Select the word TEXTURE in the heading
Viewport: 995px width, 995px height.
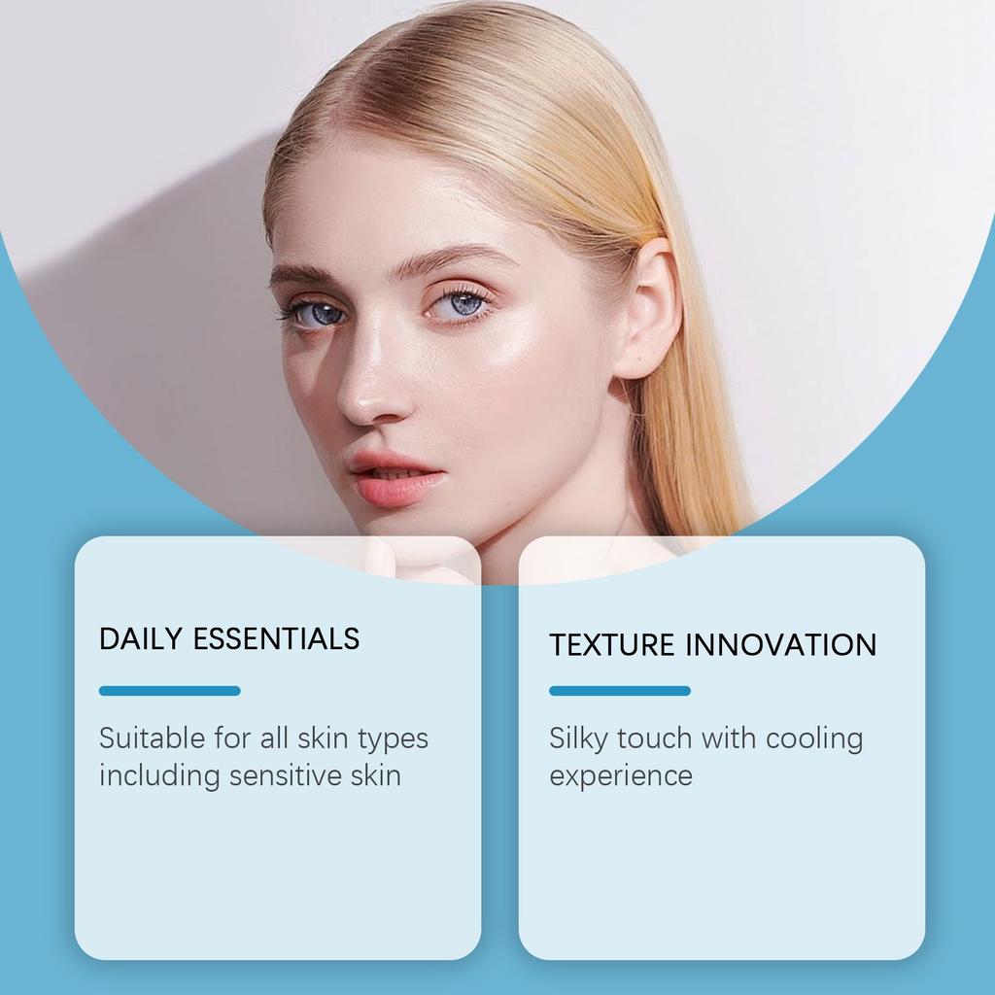612,645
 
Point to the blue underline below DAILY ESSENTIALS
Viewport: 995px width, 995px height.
169,691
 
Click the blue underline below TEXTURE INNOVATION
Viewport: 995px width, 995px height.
619,691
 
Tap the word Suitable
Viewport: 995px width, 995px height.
152,738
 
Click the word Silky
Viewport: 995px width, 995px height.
578,739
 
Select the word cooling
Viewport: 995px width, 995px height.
813,739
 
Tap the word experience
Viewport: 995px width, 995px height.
620,776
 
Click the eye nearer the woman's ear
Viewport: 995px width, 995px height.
459,305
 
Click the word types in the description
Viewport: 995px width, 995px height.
393,739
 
